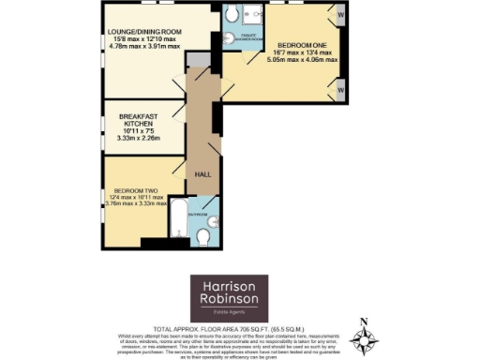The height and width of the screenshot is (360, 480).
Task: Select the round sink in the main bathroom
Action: pyautogui.click(x=213, y=221)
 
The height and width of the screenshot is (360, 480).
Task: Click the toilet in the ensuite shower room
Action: pyautogui.click(x=232, y=16)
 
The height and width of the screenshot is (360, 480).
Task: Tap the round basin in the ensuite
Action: pyautogui.click(x=231, y=38)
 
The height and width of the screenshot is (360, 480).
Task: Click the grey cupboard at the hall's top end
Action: pyautogui.click(x=199, y=60)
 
